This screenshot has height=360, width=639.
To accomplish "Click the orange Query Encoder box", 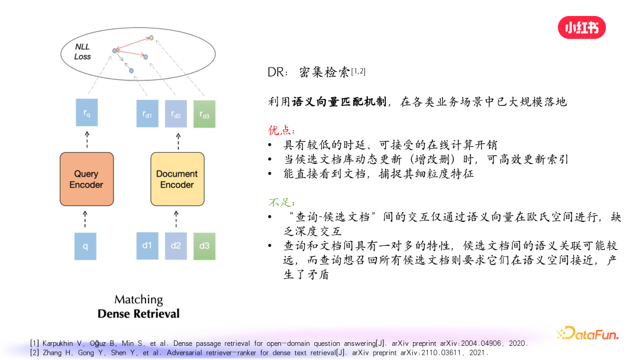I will pos(86,179).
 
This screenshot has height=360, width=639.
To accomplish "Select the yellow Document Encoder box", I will pos(177,179).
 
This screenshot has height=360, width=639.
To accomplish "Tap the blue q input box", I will pos(86,246).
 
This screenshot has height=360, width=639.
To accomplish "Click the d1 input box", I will pos(147,246).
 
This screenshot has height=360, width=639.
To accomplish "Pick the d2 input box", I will pos(176,246).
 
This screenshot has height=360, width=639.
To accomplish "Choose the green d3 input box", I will pos(204,246).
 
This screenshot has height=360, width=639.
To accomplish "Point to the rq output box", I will pos(86,112).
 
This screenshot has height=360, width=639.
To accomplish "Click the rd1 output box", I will pos(147,112).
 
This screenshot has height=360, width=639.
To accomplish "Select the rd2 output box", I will pos(176,112).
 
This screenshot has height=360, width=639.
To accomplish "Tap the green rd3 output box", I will pos(204,113).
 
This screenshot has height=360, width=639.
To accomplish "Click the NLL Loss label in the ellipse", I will pos(82,52).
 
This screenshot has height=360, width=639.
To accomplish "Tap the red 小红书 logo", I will pos(582,27).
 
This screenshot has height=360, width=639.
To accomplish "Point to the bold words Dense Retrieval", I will pos(138,314).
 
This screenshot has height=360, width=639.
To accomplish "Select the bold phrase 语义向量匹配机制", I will pos(339,102).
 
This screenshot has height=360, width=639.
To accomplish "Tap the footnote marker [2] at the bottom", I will pos(35,352).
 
